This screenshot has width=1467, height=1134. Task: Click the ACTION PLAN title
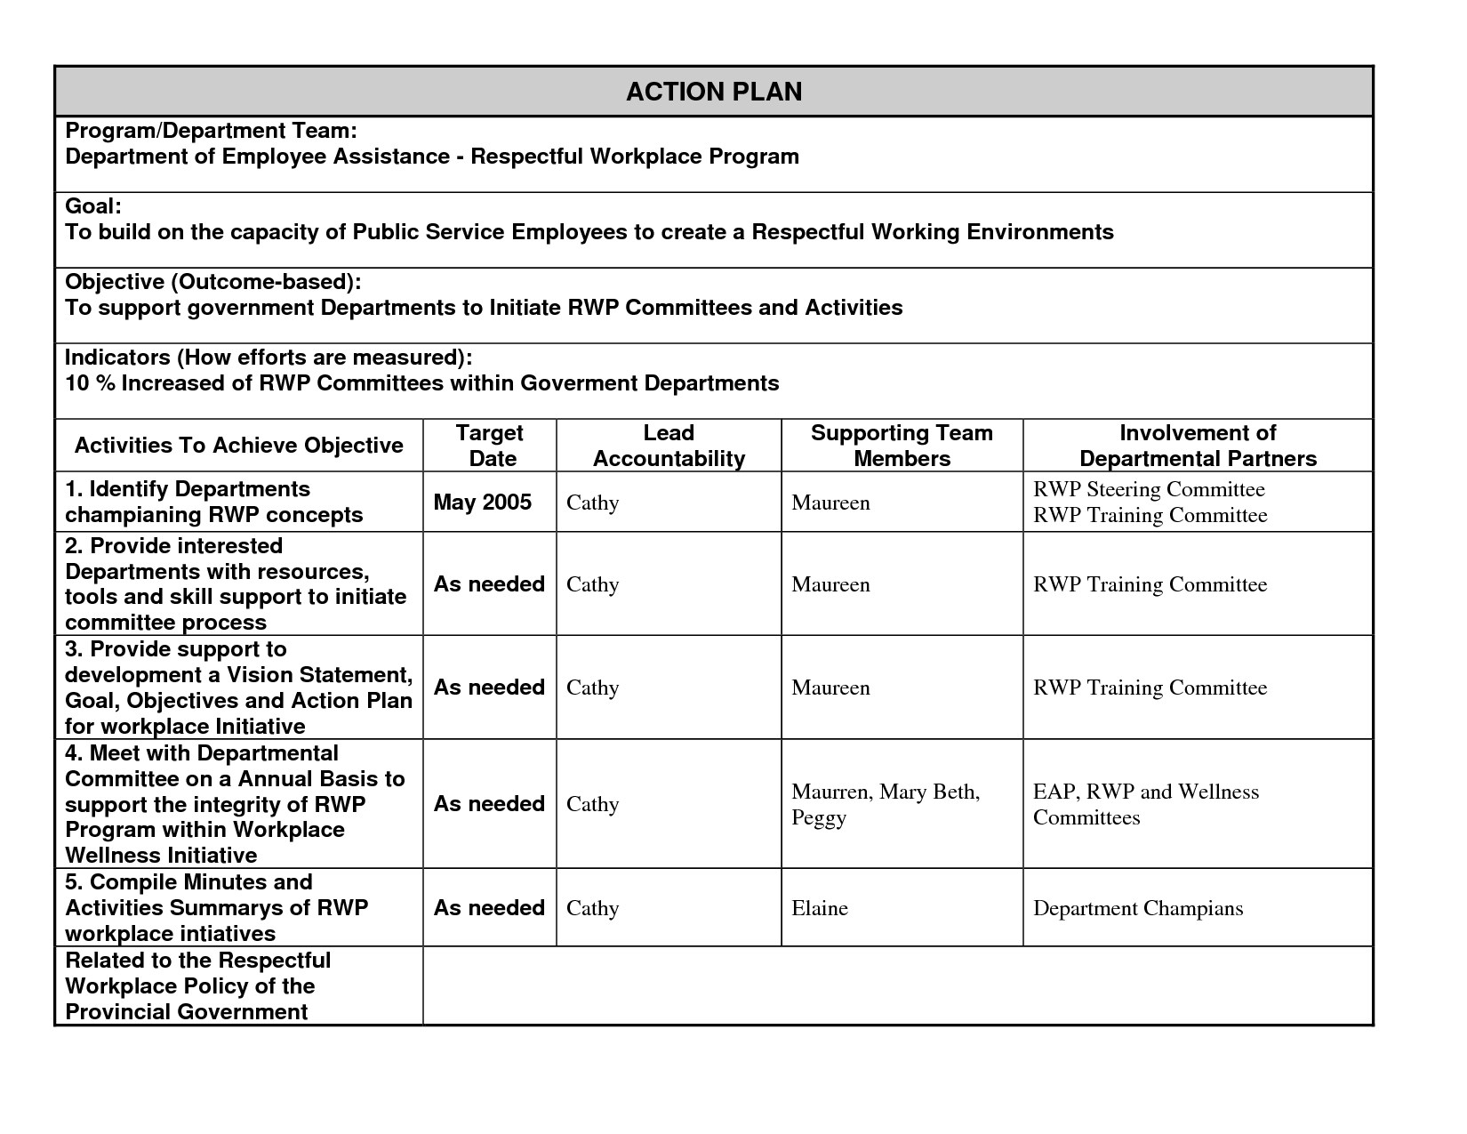click(714, 92)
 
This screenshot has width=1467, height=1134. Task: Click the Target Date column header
click(490, 446)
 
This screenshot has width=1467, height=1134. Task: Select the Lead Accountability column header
click(669, 446)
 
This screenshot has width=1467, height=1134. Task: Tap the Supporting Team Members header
click(902, 446)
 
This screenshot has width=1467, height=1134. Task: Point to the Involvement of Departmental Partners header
click(1198, 446)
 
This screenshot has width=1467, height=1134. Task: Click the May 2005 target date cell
click(483, 503)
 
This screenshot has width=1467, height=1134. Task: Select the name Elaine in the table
click(820, 908)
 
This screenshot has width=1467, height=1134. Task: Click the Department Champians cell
click(1138, 908)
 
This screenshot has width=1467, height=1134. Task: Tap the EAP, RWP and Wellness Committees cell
click(1146, 804)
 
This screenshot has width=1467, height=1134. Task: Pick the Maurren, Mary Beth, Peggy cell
click(886, 804)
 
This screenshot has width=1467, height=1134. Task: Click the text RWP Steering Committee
click(1149, 489)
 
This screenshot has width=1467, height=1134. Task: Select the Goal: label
click(93, 206)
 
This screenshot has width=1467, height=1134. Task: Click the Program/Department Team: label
click(212, 131)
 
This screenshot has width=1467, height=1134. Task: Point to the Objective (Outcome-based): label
click(213, 282)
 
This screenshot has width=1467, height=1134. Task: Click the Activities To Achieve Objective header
click(239, 446)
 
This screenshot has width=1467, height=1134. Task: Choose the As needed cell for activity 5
click(489, 908)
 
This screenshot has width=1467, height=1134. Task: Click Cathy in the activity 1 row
click(592, 503)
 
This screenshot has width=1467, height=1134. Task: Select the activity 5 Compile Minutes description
click(216, 908)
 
